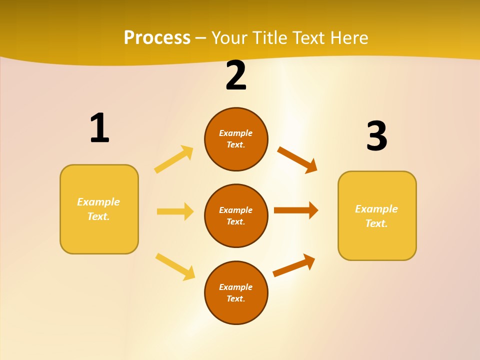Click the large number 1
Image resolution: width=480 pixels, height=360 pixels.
99,128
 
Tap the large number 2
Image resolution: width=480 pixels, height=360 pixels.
236,76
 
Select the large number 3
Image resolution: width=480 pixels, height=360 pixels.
376,136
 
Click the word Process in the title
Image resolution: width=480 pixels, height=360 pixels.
157,37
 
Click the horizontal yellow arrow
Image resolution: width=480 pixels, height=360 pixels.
175,211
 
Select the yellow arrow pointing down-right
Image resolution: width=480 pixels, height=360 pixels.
175,266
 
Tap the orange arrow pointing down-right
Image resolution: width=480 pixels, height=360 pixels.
297,159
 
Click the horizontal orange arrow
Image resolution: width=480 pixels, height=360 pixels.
296,210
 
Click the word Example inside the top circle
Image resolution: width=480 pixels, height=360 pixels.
236,133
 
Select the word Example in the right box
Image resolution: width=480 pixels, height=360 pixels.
376,209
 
